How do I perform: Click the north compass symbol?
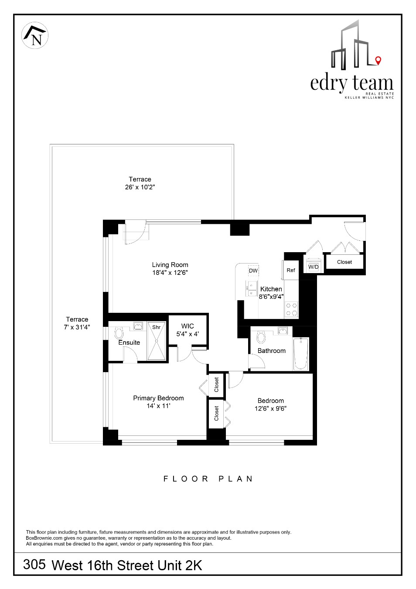pyautogui.click(x=35, y=35)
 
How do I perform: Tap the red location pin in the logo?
pyautogui.click(x=378, y=60)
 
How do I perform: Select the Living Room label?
pyautogui.click(x=170, y=265)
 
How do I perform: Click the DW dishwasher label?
pyautogui.click(x=253, y=271)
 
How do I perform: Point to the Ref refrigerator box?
pyautogui.click(x=291, y=271)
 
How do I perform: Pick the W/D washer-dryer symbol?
pyautogui.click(x=314, y=266)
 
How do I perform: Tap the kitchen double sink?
pyautogui.click(x=252, y=289)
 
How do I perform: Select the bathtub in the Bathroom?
pyautogui.click(x=301, y=353)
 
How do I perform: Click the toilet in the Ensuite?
pyautogui.click(x=119, y=333)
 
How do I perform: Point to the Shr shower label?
pyautogui.click(x=156, y=327)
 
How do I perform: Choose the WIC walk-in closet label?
pyautogui.click(x=188, y=326)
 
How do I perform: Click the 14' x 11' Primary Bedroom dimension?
pyautogui.click(x=158, y=406)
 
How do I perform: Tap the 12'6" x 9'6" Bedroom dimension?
pyautogui.click(x=270, y=409)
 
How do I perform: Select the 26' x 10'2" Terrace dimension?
pyautogui.click(x=140, y=187)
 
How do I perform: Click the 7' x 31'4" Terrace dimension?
pyautogui.click(x=77, y=327)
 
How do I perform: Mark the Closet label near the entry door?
pyautogui.click(x=344, y=262)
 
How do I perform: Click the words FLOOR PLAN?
pyautogui.click(x=208, y=479)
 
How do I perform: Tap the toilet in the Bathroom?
pyautogui.click(x=261, y=336)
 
